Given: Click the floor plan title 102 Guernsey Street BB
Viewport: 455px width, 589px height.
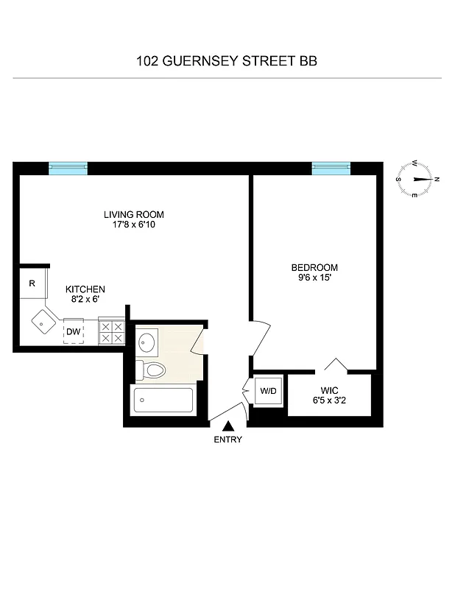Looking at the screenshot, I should pyautogui.click(x=227, y=61).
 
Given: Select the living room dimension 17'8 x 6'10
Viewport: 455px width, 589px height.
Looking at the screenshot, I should pyautogui.click(x=133, y=225).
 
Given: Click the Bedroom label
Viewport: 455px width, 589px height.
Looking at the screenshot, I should pyautogui.click(x=314, y=267).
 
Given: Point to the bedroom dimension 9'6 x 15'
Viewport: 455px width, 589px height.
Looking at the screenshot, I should pyautogui.click(x=314, y=278).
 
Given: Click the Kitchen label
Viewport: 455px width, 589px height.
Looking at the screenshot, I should pyautogui.click(x=85, y=289).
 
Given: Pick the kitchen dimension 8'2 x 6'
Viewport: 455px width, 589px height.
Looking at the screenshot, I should pyautogui.click(x=85, y=300).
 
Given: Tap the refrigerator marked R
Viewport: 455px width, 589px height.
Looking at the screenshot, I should pyautogui.click(x=32, y=283).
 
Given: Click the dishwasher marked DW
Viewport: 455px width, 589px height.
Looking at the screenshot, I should pyautogui.click(x=73, y=332).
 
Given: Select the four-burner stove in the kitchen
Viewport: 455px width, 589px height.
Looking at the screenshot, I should pyautogui.click(x=111, y=331).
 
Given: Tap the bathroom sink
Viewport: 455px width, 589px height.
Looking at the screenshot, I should pyautogui.click(x=147, y=342).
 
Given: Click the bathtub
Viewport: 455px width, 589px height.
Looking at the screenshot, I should pyautogui.click(x=163, y=401).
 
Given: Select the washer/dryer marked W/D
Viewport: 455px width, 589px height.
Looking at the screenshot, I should pyautogui.click(x=266, y=390).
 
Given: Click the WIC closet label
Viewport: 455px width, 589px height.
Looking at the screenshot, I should pyautogui.click(x=328, y=390).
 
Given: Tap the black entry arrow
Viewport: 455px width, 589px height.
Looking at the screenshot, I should pyautogui.click(x=228, y=425).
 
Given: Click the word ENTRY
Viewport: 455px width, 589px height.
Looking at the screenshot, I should pyautogui.click(x=228, y=440).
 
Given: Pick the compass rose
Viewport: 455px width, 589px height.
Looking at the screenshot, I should pyautogui.click(x=417, y=179).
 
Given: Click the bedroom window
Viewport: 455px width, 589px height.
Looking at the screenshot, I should pyautogui.click(x=331, y=168).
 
